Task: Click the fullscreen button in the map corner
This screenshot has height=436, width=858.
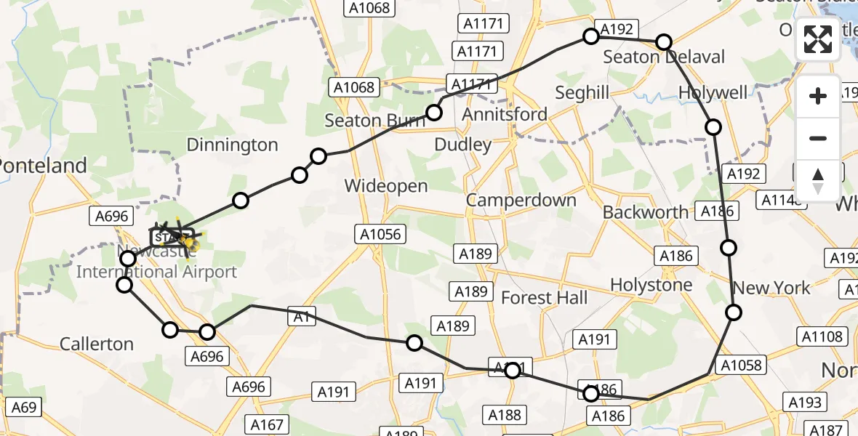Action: [818, 39]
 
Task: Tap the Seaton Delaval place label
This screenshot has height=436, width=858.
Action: [664, 57]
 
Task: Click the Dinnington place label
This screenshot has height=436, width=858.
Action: [232, 145]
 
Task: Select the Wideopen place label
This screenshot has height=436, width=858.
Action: [385, 185]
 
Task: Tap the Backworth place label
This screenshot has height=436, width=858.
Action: [645, 212]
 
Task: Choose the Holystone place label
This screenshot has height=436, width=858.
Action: [651, 285]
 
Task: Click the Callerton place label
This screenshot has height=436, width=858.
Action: [97, 344]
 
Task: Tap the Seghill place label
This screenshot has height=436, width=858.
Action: [582, 93]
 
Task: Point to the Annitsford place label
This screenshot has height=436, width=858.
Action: [505, 115]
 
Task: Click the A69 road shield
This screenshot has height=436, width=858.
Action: [23, 407]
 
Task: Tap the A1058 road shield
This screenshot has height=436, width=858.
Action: [740, 365]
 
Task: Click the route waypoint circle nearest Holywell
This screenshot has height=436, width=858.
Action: [713, 127]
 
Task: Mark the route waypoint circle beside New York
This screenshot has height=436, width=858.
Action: [734, 312]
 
